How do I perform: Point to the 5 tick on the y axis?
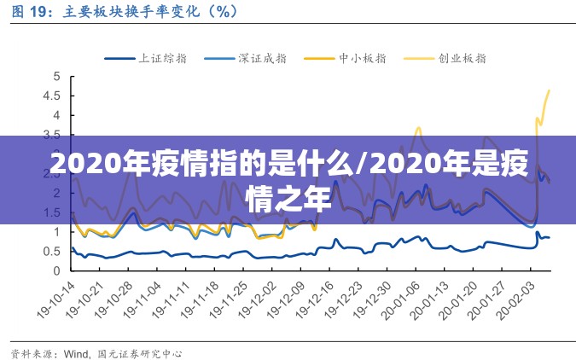(x=57, y=77)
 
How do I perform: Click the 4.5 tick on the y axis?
(x=54, y=96)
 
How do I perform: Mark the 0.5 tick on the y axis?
(x=54, y=251)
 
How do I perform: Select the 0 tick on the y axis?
(x=57, y=270)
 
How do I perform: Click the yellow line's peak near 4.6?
(x=549, y=90)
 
